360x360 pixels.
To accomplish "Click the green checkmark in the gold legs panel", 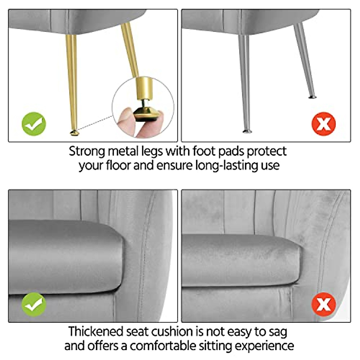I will [34, 124].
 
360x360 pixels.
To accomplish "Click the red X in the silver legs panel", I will [324, 124].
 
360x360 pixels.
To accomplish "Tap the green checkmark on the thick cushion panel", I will [34, 305].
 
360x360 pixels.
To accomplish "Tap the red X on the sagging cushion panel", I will [324, 304].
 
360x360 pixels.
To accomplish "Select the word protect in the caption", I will [267, 151].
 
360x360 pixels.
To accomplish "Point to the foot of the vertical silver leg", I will [247, 131].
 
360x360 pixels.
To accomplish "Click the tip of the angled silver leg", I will [312, 97].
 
